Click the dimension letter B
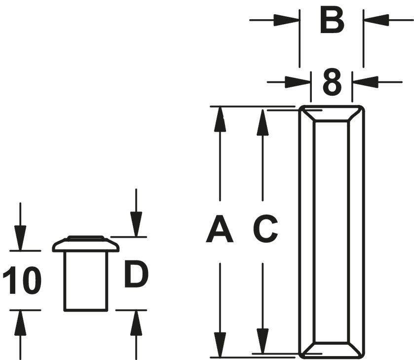[332, 21]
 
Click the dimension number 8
[332, 82]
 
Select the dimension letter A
[220, 229]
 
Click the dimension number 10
[22, 280]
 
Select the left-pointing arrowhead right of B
[376, 20]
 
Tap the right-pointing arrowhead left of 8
[298, 82]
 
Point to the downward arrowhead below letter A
[220, 345]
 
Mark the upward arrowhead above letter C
[263, 123]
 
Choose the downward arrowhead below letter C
[263, 341]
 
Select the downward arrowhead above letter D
[136, 224]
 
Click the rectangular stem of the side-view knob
[86, 282]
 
